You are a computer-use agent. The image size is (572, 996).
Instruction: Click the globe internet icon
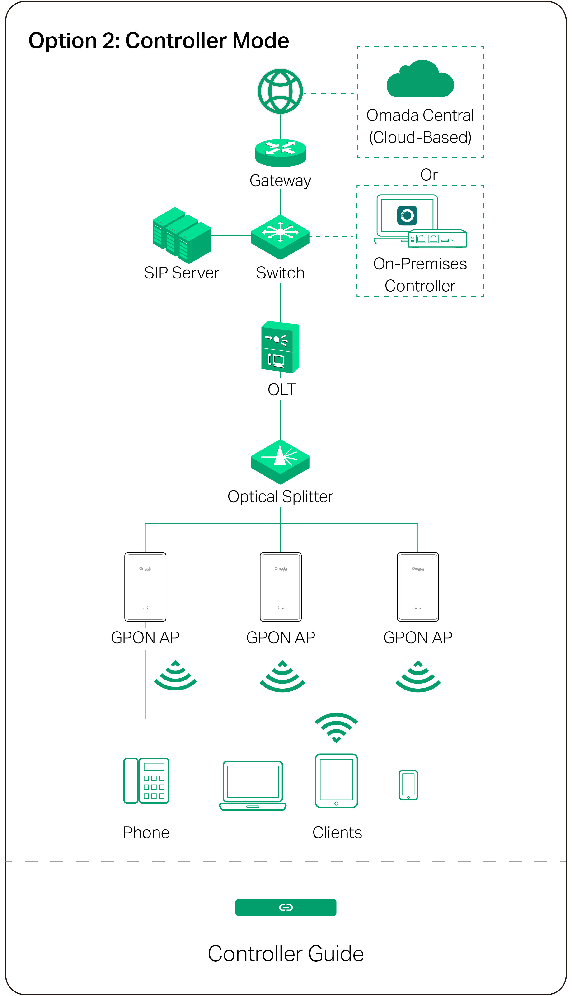[280, 91]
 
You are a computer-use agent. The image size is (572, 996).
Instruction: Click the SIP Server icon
[182, 235]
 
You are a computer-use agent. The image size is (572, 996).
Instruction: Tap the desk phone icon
[146, 781]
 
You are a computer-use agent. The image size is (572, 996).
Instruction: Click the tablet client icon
[336, 781]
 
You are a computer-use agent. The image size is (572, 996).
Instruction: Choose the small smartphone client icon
[408, 785]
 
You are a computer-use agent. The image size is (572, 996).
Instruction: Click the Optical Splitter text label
[280, 497]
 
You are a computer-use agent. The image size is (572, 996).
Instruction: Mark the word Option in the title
[62, 41]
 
